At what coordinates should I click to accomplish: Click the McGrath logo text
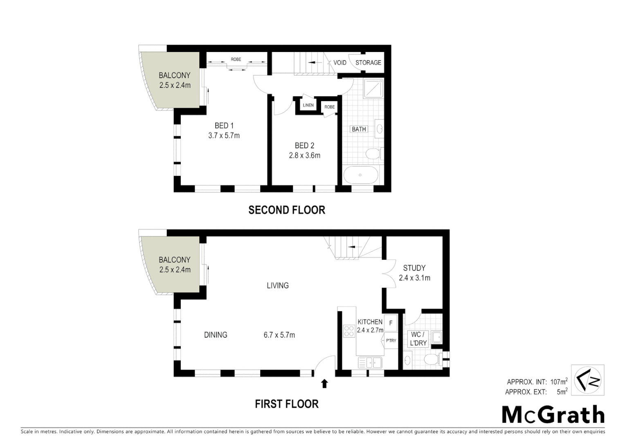[x=553, y=415]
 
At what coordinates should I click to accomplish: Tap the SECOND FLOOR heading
[x=286, y=210]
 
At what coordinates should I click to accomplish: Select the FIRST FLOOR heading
[x=286, y=404]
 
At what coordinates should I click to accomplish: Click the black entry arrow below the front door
[x=324, y=383]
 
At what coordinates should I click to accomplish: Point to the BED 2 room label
[x=304, y=146]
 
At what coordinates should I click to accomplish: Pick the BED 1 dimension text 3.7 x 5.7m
[x=224, y=135]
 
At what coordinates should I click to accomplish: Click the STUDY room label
[x=414, y=268]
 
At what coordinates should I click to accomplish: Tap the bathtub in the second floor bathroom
[x=360, y=175]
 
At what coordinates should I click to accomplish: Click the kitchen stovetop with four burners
[x=349, y=331]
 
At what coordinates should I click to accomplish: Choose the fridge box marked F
[x=391, y=323]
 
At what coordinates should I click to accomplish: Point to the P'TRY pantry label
[x=391, y=341]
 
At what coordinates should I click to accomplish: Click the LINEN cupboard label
[x=308, y=105]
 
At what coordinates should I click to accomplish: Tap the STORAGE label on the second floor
[x=368, y=63]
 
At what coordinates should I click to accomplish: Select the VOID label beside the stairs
[x=339, y=63]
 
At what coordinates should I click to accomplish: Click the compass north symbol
[x=587, y=379]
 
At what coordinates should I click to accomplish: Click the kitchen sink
[x=370, y=362]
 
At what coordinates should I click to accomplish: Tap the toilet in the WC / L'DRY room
[x=432, y=360]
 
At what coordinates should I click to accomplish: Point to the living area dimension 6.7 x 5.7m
[x=279, y=335]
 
